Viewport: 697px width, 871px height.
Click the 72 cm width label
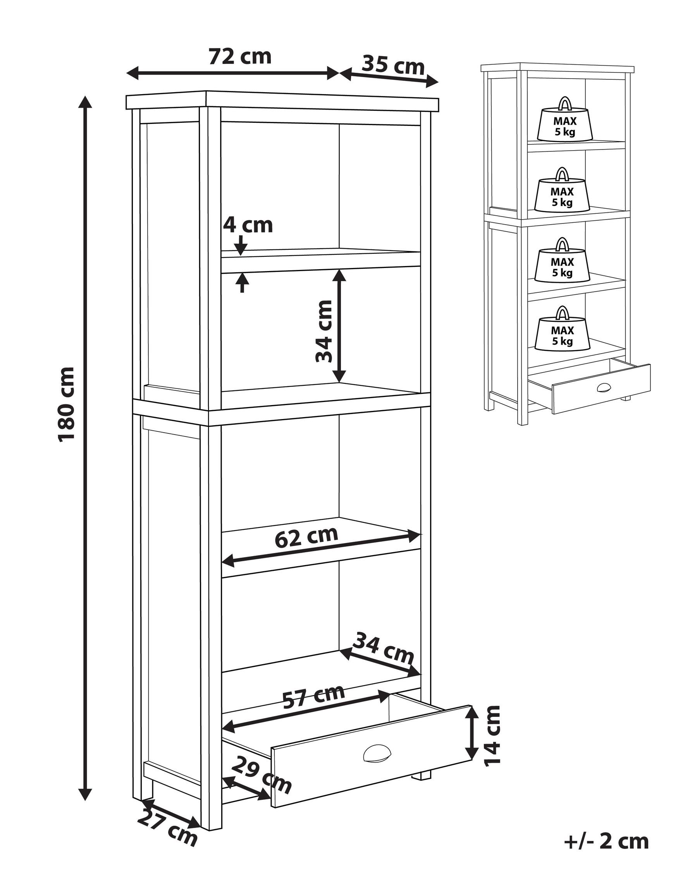pyautogui.click(x=239, y=57)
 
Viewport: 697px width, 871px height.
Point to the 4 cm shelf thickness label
pyautogui.click(x=248, y=225)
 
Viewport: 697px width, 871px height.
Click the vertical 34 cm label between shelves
pyautogui.click(x=324, y=332)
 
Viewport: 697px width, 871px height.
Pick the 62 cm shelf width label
pyautogui.click(x=306, y=537)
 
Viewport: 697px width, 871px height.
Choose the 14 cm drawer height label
pyautogui.click(x=492, y=735)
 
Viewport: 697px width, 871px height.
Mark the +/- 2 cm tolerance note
pyautogui.click(x=606, y=841)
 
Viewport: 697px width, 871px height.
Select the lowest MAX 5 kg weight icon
pyautogui.click(x=562, y=330)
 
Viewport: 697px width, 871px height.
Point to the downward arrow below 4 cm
pyautogui.click(x=241, y=245)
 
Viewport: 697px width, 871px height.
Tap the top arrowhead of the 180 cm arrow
pyautogui.click(x=85, y=101)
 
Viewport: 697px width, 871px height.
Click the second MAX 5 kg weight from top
pyautogui.click(x=562, y=191)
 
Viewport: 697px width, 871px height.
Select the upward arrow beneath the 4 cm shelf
pyautogui.click(x=242, y=282)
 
